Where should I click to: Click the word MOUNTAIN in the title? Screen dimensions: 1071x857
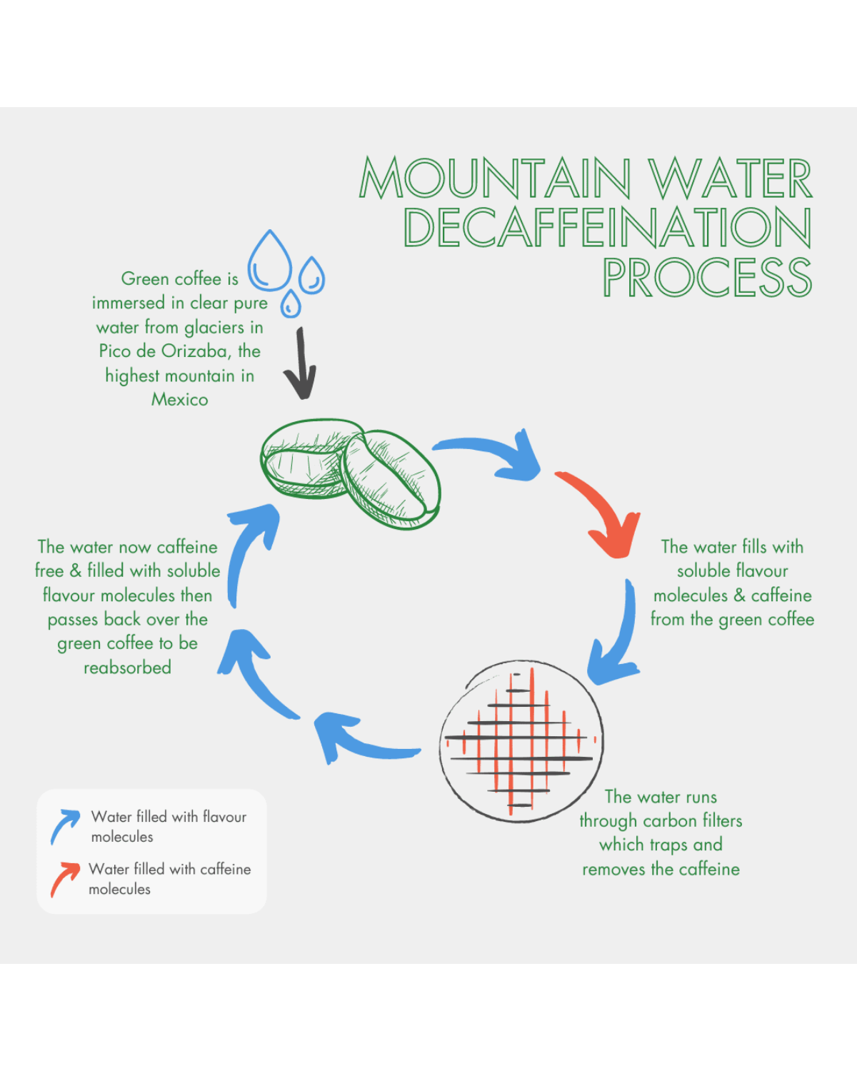(495, 178)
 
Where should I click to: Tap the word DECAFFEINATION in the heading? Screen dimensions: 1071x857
(607, 228)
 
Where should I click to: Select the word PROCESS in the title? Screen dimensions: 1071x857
(707, 278)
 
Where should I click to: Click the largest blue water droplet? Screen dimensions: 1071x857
(269, 263)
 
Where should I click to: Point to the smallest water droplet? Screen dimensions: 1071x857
(291, 304)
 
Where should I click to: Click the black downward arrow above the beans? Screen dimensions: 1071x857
(301, 364)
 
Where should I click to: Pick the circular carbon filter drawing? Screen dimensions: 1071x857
(521, 740)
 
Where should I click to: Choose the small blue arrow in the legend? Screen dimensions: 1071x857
(64, 826)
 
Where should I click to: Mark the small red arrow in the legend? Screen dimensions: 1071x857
(64, 879)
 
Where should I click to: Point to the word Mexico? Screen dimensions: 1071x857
(179, 400)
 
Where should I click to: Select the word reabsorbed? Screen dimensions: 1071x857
(127, 668)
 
